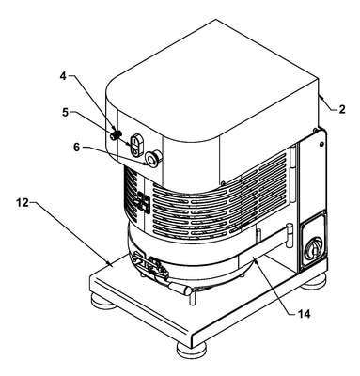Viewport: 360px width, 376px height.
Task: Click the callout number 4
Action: click(x=64, y=76)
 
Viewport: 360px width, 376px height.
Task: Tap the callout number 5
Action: click(x=65, y=112)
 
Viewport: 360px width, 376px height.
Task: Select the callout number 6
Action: click(x=77, y=148)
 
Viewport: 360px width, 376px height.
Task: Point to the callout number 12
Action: click(x=23, y=203)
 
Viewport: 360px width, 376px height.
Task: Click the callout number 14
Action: click(x=304, y=313)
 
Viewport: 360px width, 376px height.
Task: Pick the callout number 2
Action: click(x=342, y=109)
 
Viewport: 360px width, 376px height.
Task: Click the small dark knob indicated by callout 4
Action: click(x=116, y=135)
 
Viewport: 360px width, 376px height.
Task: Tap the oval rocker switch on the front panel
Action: click(x=136, y=145)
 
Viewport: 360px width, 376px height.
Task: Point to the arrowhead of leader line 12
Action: click(x=110, y=264)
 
